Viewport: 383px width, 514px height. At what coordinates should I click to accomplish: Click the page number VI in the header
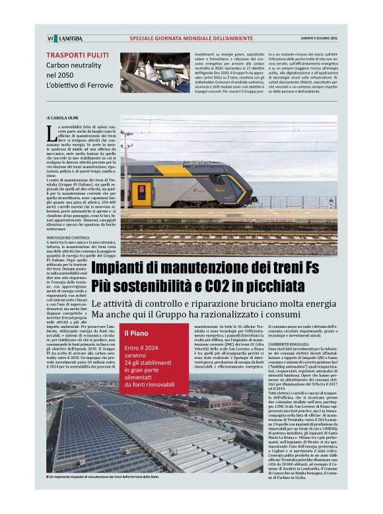(x=50, y=38)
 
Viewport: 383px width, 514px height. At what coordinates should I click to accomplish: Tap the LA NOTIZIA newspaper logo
(x=68, y=38)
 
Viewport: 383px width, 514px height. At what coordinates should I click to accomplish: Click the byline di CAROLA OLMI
(x=63, y=119)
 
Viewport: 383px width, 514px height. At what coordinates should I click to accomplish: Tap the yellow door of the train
(x=140, y=193)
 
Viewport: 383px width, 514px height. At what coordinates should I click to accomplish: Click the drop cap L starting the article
(x=52, y=133)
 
